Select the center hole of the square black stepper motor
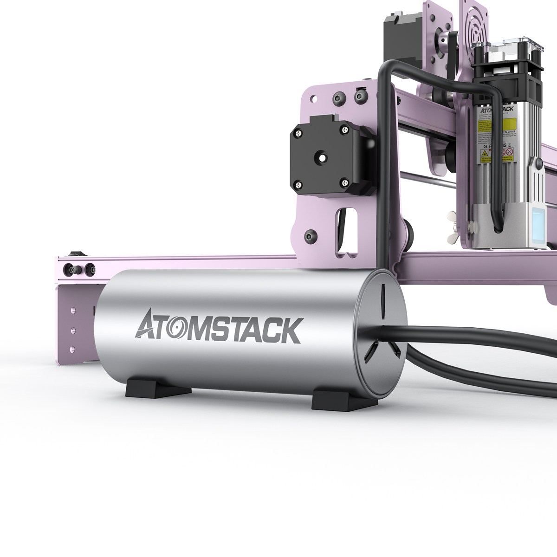click(x=321, y=158)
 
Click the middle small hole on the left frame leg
click(x=72, y=330)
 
